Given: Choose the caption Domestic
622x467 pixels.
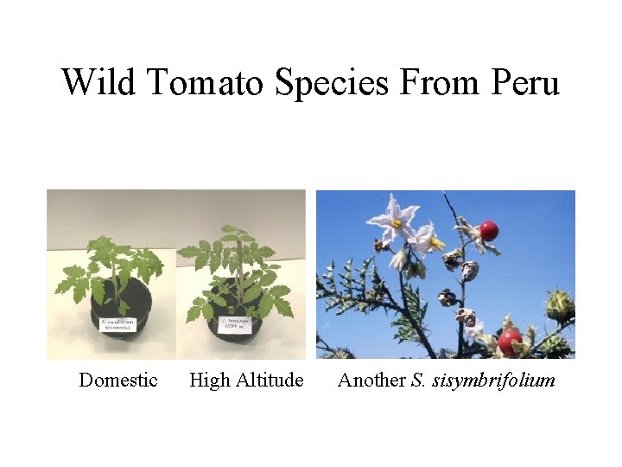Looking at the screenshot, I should coord(118,380).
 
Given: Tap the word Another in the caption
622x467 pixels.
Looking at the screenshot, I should coord(371,380).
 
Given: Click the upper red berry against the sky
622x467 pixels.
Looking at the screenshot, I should coord(489,230).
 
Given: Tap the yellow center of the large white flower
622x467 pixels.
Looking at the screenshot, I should coord(397,222).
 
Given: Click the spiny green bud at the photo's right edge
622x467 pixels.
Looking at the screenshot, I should coord(559,304).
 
